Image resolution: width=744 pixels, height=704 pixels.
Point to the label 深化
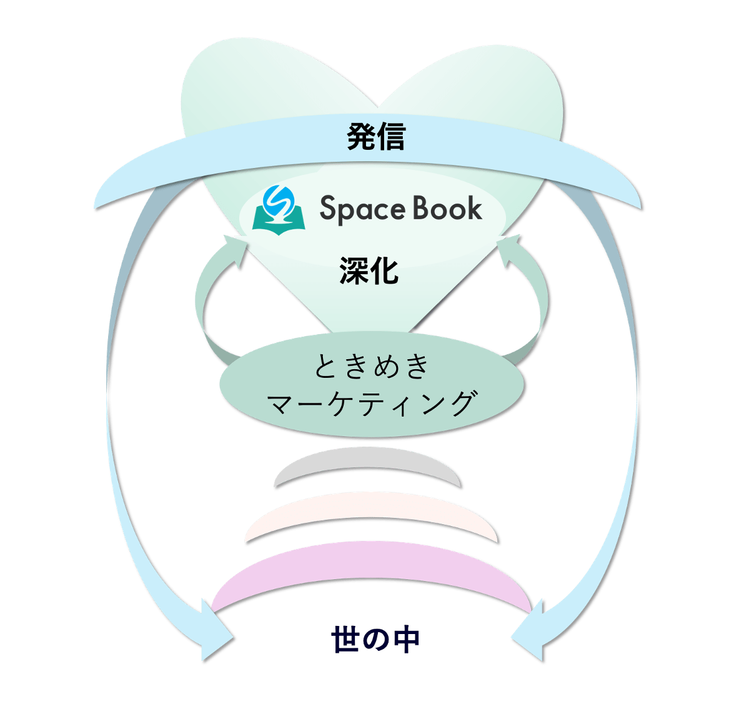[x=369, y=271]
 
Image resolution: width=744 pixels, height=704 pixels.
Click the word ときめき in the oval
[x=372, y=366]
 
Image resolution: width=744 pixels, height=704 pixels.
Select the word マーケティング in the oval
[x=372, y=403]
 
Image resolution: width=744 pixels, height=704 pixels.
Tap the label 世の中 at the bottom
[x=375, y=641]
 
